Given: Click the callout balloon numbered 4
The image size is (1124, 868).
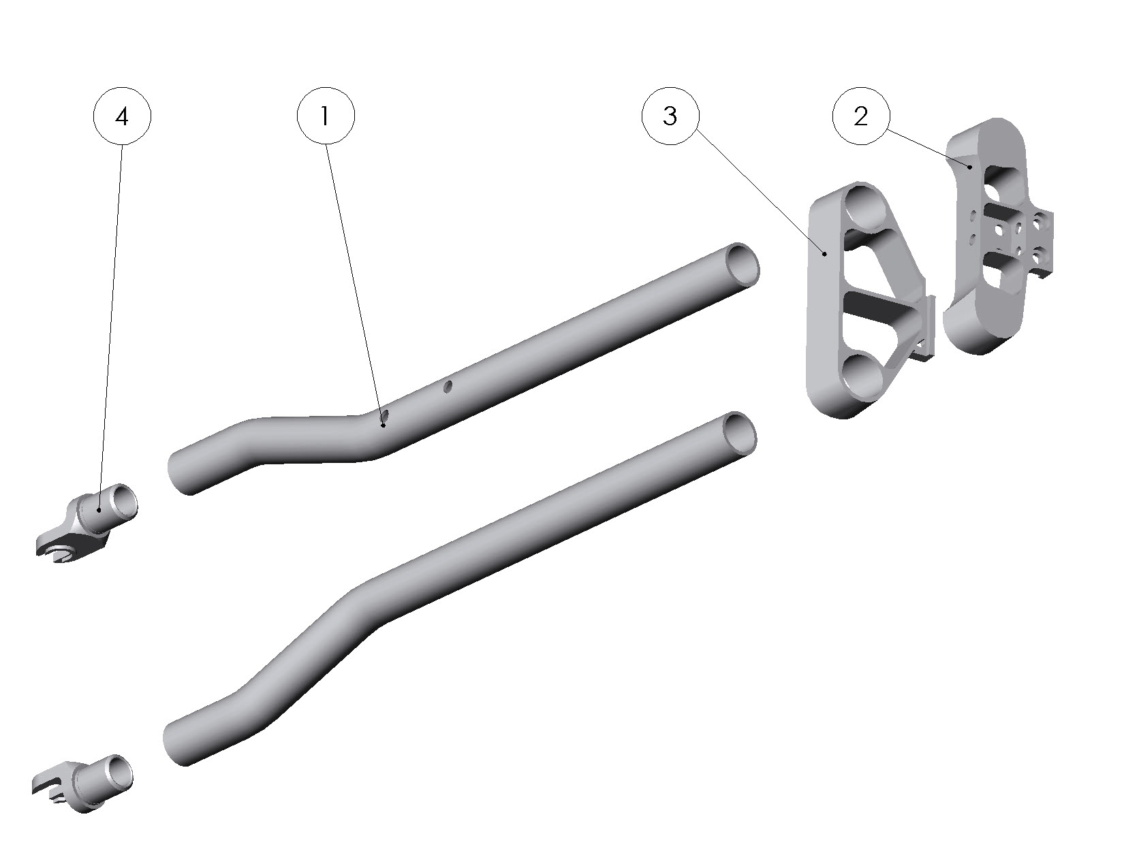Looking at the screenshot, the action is [x=122, y=117].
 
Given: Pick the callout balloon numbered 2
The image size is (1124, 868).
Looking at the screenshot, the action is [x=861, y=117].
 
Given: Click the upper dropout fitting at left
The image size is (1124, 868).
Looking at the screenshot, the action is [x=87, y=523].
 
